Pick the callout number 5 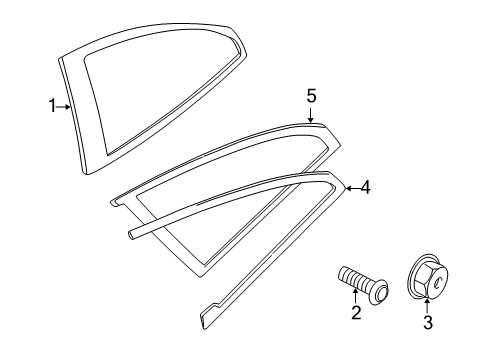tap(311, 95)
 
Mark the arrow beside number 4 tap(350, 186)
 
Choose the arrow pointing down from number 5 tap(311, 113)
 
